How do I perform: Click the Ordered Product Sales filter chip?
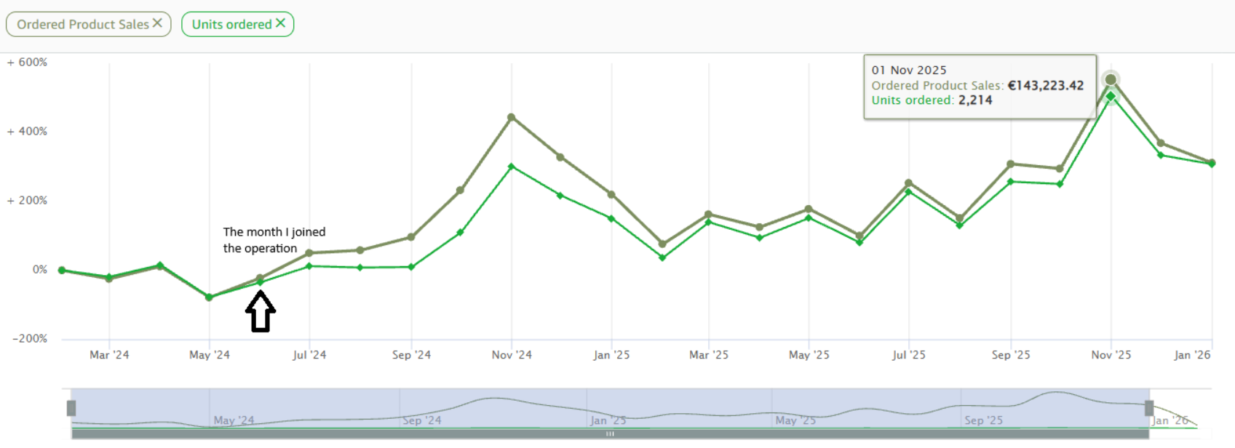click(88, 24)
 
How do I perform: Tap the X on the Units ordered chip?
click(281, 23)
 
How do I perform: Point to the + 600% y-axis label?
click(27, 63)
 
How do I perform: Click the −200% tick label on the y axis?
click(30, 338)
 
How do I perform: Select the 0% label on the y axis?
click(40, 270)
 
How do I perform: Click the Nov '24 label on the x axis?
click(512, 355)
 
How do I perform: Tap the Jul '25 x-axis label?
click(909, 355)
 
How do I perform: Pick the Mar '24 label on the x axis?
click(109, 355)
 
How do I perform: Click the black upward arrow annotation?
click(261, 311)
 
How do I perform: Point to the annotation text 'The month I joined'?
click(274, 232)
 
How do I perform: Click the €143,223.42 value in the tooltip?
click(1046, 85)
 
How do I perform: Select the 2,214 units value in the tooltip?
click(975, 100)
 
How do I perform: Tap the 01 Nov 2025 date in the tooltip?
click(909, 70)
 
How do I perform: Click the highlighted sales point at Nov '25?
click(1111, 80)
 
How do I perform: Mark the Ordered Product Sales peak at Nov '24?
click(512, 117)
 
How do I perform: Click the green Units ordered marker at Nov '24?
click(512, 167)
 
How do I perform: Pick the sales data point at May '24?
click(209, 297)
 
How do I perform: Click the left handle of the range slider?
click(71, 408)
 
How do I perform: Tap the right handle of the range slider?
click(1149, 408)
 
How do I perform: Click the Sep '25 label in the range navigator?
click(984, 420)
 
